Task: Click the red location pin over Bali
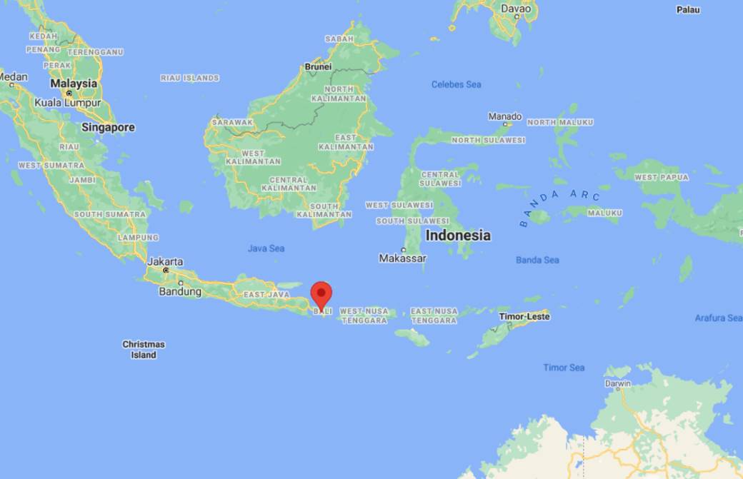point(321,293)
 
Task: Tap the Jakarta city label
point(165,261)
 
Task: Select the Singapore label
point(108,128)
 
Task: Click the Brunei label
point(318,66)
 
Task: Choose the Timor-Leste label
point(524,316)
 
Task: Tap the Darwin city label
point(618,383)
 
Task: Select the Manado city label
point(505,116)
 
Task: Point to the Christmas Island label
point(144,349)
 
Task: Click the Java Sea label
point(266,248)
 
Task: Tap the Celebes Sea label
point(456,84)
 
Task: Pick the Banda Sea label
point(537,260)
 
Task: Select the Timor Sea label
point(564,368)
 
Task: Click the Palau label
point(688,10)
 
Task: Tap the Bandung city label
point(175,291)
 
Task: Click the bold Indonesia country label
point(458,235)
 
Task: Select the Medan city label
point(14,77)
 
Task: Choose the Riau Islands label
point(189,78)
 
